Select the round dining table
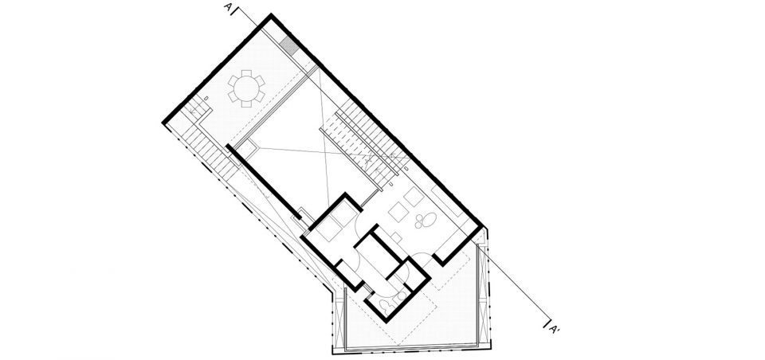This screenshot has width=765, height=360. (246, 88)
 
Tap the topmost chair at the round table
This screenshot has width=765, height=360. (247, 73)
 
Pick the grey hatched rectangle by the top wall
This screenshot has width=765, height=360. (289, 46)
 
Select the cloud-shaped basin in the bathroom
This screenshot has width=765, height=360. (386, 304)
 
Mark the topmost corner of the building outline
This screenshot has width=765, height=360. (271, 15)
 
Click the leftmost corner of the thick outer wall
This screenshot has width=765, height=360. (163, 123)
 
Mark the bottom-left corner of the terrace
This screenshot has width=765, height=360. (334, 352)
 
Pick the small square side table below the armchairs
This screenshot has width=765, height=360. (397, 237)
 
